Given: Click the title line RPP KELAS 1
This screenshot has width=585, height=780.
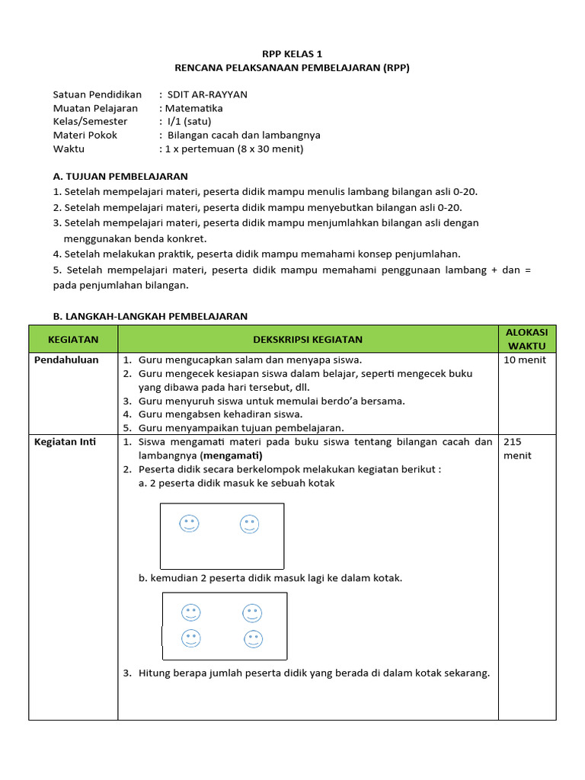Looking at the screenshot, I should click(292, 53).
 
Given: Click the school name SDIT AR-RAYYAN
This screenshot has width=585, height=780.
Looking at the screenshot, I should click(206, 94).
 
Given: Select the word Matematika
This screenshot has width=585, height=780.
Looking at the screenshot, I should click(194, 108).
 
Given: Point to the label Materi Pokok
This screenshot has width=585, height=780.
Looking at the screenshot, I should click(85, 135).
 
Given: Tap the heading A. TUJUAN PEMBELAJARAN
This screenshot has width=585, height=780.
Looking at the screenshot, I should click(120, 176).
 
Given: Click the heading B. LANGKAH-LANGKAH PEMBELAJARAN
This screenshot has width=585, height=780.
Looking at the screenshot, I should click(150, 316).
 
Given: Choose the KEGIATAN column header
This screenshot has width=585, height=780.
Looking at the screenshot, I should click(73, 339).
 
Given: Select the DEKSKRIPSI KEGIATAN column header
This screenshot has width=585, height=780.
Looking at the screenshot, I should click(308, 339).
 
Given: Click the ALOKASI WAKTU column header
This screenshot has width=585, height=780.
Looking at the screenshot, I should click(527, 339).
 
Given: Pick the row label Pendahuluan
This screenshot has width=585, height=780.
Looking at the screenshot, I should click(67, 360).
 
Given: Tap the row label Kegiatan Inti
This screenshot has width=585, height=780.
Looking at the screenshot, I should click(66, 442).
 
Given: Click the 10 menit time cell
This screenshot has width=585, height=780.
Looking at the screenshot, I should click(525, 360).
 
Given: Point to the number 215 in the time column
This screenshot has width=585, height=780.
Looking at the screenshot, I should click(513, 442).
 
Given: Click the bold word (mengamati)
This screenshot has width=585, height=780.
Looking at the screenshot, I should click(231, 456).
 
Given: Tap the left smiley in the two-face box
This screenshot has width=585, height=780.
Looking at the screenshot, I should click(188, 523).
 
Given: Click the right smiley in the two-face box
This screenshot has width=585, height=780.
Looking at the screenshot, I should click(249, 523).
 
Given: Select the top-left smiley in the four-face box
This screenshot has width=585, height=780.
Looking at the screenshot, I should click(190, 612).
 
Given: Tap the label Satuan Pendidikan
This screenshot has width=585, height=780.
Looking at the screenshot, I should click(97, 94).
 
